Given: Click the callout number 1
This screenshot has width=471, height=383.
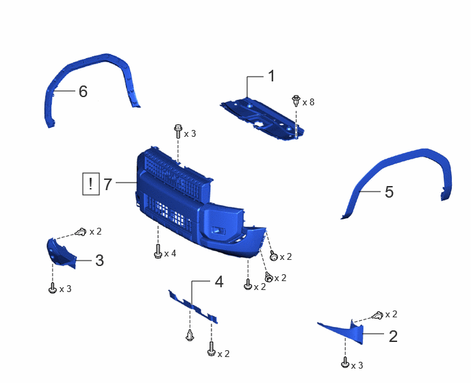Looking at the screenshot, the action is pos(271,76).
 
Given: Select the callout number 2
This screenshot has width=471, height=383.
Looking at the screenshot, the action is pos(393,336).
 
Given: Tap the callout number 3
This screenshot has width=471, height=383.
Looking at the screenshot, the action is pos(99,261).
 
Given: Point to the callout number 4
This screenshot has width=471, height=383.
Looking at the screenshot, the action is pos(219,282).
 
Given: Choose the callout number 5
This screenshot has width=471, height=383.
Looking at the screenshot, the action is pos(389,191).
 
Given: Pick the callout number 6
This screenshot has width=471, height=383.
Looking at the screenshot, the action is pos(83,91).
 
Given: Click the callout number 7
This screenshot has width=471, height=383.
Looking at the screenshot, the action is pos(108,184).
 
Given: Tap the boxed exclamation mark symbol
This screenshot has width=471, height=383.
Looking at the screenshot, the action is pos(91,184).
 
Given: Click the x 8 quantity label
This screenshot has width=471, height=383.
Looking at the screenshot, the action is pos(308,103).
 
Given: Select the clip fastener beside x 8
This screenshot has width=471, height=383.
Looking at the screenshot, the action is pos(296,101).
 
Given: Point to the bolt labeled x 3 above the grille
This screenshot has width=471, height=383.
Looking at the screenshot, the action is pos(177,131).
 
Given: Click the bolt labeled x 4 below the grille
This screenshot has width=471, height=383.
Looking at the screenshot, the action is pos(157,251).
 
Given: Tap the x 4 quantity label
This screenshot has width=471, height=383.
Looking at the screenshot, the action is pos(170,254).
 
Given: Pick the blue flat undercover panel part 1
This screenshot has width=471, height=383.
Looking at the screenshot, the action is pos(262,118).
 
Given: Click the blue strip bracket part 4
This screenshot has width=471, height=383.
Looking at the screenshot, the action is pos(193,306).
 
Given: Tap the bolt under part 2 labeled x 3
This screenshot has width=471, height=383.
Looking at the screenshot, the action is pos(345,363).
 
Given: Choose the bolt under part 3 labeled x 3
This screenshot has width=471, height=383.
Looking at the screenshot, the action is pos(53,287).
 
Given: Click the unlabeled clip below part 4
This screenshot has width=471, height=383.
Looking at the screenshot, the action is pos(190,335).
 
